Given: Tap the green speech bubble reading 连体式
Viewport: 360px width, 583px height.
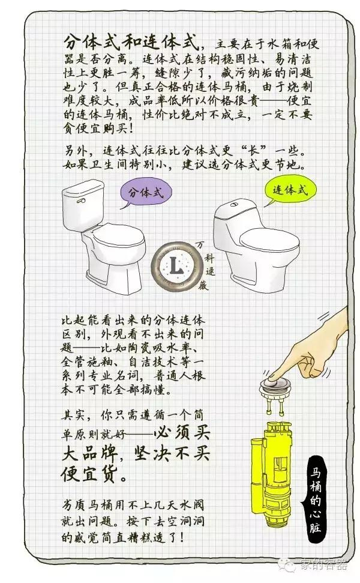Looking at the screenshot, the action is [x=289, y=190].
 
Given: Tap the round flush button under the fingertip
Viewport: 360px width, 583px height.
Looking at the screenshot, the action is [x=275, y=383].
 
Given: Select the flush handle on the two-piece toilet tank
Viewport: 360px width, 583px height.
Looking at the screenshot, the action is [x=80, y=201].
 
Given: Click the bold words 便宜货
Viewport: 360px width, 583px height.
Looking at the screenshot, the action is [x=89, y=474].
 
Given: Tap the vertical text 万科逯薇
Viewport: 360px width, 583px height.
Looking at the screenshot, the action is [x=210, y=265].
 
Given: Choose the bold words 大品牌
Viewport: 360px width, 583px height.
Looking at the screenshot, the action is [x=89, y=455].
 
